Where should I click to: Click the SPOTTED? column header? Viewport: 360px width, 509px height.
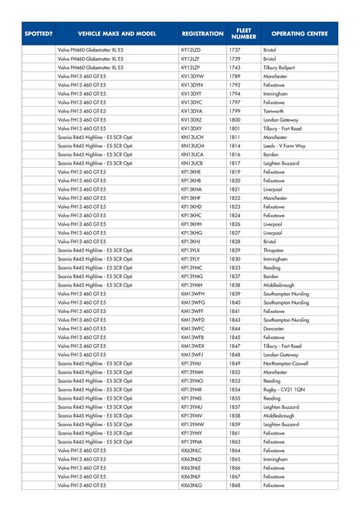tap(38, 34)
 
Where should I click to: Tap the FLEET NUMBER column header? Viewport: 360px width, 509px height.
tap(243, 34)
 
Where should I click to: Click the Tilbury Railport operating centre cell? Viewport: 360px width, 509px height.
tap(282, 68)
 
